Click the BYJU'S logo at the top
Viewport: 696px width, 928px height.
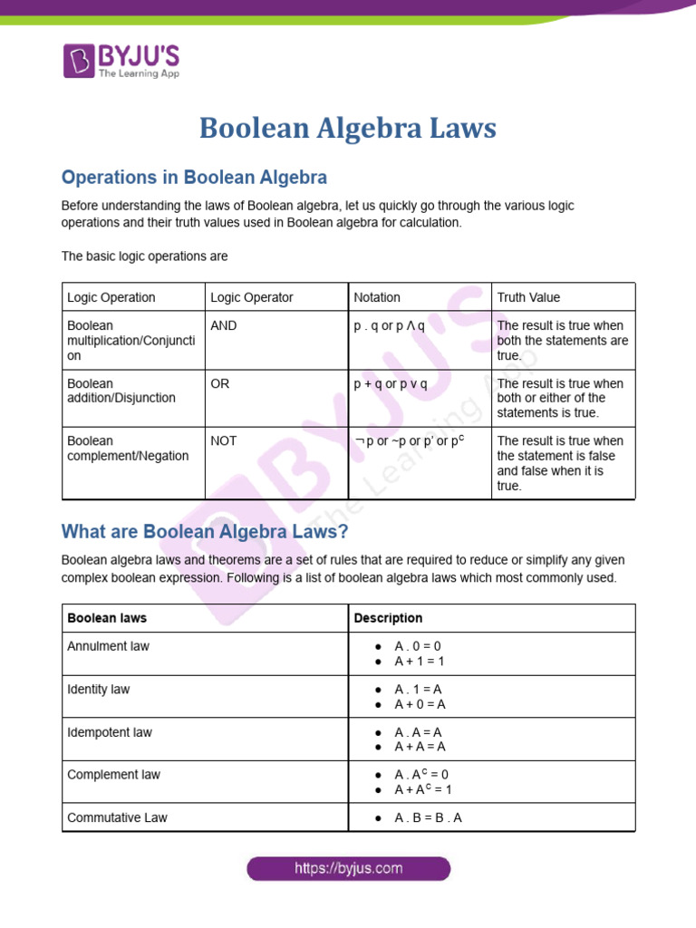(121, 61)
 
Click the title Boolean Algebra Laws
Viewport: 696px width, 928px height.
(348, 128)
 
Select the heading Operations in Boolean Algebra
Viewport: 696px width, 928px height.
(194, 177)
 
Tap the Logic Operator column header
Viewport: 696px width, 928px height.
(252, 297)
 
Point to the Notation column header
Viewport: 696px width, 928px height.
(377, 297)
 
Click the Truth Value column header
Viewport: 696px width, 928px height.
(528, 297)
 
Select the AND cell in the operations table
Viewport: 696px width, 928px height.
(224, 325)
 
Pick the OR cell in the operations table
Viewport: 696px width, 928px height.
(220, 383)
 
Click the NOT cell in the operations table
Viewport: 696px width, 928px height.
(224, 440)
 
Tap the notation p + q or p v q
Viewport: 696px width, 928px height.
(391, 383)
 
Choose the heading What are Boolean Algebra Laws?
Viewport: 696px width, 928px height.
(205, 531)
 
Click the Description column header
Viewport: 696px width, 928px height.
(388, 618)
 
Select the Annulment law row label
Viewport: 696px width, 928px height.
(109, 646)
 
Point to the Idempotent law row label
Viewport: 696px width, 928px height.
(110, 732)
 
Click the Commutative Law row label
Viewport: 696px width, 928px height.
(117, 817)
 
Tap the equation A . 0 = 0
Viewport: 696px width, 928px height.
(418, 646)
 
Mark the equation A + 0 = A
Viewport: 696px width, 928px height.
(420, 704)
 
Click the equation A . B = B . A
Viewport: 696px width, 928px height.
(428, 817)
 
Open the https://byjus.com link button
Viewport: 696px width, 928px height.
(348, 868)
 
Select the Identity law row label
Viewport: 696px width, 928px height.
(99, 690)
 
